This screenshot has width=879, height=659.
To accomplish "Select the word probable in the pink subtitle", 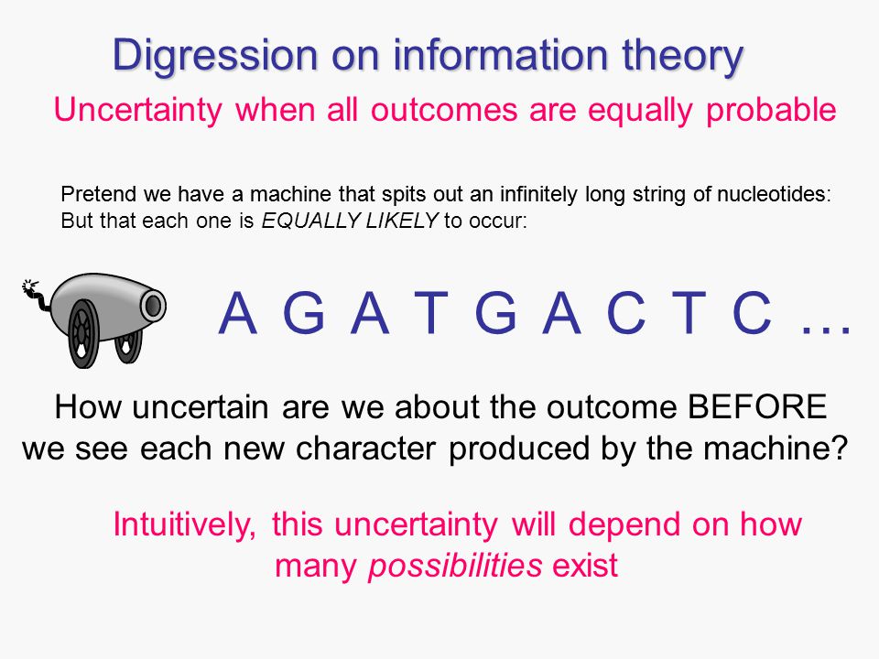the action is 771,111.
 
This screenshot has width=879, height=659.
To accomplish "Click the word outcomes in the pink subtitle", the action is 444,111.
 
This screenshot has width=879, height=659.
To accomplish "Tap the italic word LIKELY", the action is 402,221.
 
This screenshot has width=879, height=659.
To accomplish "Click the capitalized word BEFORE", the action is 757,406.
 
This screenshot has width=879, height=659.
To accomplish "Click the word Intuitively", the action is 184,525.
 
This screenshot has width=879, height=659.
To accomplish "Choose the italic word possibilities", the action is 455,566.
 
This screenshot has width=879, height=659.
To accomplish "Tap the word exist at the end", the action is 585,566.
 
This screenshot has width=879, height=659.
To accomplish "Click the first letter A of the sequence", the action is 238,313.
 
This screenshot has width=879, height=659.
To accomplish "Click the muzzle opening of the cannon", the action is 153,306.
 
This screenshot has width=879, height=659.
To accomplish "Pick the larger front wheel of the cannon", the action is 83,334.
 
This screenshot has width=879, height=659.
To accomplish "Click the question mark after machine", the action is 840,448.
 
